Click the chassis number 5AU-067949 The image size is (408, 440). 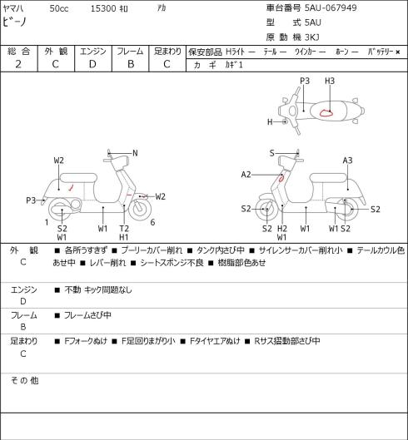pos(331,7)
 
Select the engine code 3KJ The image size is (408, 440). pos(312,37)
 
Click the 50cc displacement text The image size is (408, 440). pos(59,8)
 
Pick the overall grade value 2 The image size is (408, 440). pos(18,64)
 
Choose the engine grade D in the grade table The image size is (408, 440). pos(92,64)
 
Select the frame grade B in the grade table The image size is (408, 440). pos(131,64)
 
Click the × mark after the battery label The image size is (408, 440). pos(398,52)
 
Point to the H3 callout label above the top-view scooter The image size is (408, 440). pos(330,81)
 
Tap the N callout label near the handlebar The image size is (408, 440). pos(135,153)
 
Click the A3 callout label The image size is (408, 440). pos(347,161)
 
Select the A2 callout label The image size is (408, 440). pos(246,175)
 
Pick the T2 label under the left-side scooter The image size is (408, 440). pos(123,229)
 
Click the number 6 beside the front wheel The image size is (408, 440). pos(152,223)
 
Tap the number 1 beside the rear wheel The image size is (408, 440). pos(47,223)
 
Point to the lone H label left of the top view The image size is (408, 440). pos(270,121)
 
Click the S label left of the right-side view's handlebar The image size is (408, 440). pos(271,153)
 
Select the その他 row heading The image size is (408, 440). pos(24,381)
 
